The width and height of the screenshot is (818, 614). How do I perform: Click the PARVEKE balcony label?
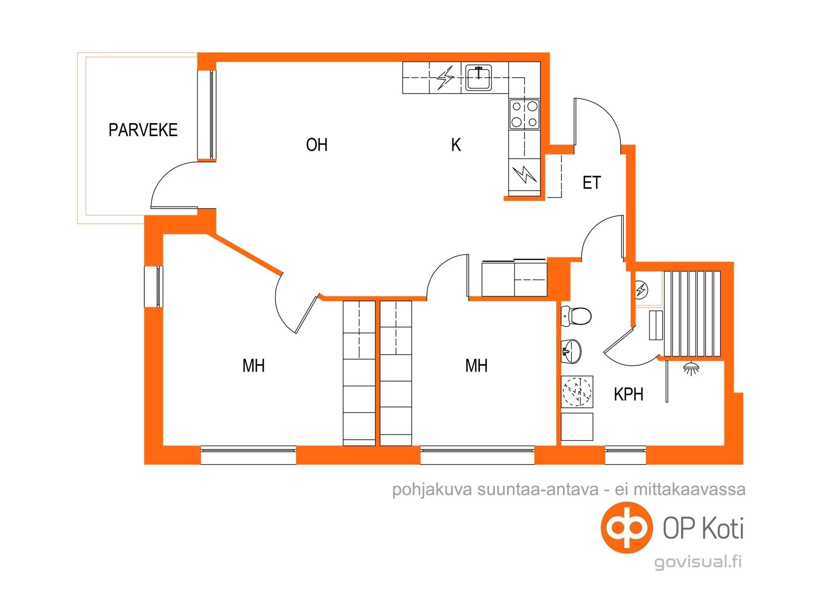[x=143, y=130]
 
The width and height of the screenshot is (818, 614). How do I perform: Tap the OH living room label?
[x=317, y=144]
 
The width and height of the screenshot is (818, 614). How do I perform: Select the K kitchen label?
[x=456, y=144]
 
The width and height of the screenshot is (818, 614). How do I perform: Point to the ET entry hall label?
[x=591, y=183]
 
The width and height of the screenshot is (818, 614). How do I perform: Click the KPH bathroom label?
[x=629, y=394]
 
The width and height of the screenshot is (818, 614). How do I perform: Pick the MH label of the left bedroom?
[x=254, y=366]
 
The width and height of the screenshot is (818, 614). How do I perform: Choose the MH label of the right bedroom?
[x=476, y=366]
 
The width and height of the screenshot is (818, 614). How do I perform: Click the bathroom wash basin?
[x=571, y=351]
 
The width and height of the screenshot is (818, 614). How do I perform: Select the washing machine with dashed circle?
[x=577, y=392]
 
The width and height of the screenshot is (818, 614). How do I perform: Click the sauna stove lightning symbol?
[x=641, y=290]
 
